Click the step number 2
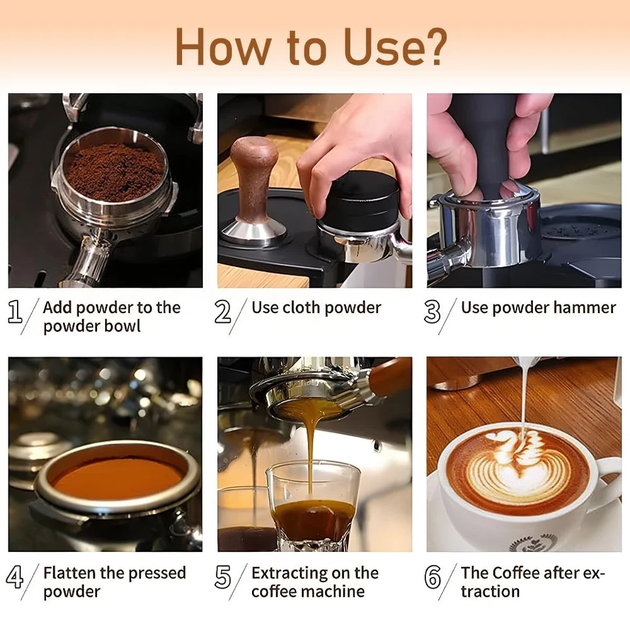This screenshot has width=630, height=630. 223,312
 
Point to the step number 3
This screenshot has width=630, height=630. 432,312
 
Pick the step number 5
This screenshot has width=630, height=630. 224,577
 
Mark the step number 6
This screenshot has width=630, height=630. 432,577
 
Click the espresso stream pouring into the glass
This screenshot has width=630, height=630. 310,453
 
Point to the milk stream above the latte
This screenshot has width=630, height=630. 524,394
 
